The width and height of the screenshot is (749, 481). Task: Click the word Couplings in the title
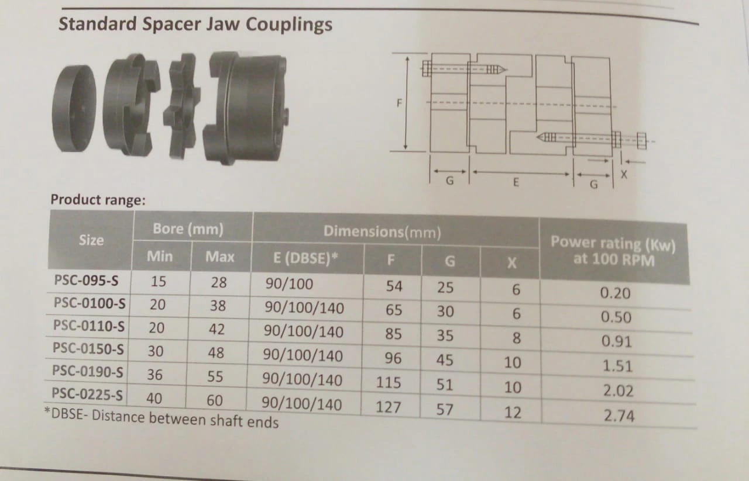[x=289, y=25]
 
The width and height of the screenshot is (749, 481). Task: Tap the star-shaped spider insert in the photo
[x=182, y=106]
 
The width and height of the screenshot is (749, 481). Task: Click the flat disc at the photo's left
[x=74, y=108]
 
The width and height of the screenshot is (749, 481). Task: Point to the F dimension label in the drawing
[x=399, y=103]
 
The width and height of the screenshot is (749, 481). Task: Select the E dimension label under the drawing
[x=516, y=182]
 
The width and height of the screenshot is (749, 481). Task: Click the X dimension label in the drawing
[x=624, y=174]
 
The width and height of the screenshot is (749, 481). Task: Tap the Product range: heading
[x=98, y=200]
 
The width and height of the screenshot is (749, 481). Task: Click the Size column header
[x=91, y=240]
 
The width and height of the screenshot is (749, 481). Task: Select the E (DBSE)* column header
[x=305, y=258]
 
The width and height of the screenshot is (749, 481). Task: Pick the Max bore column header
[x=219, y=257]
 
